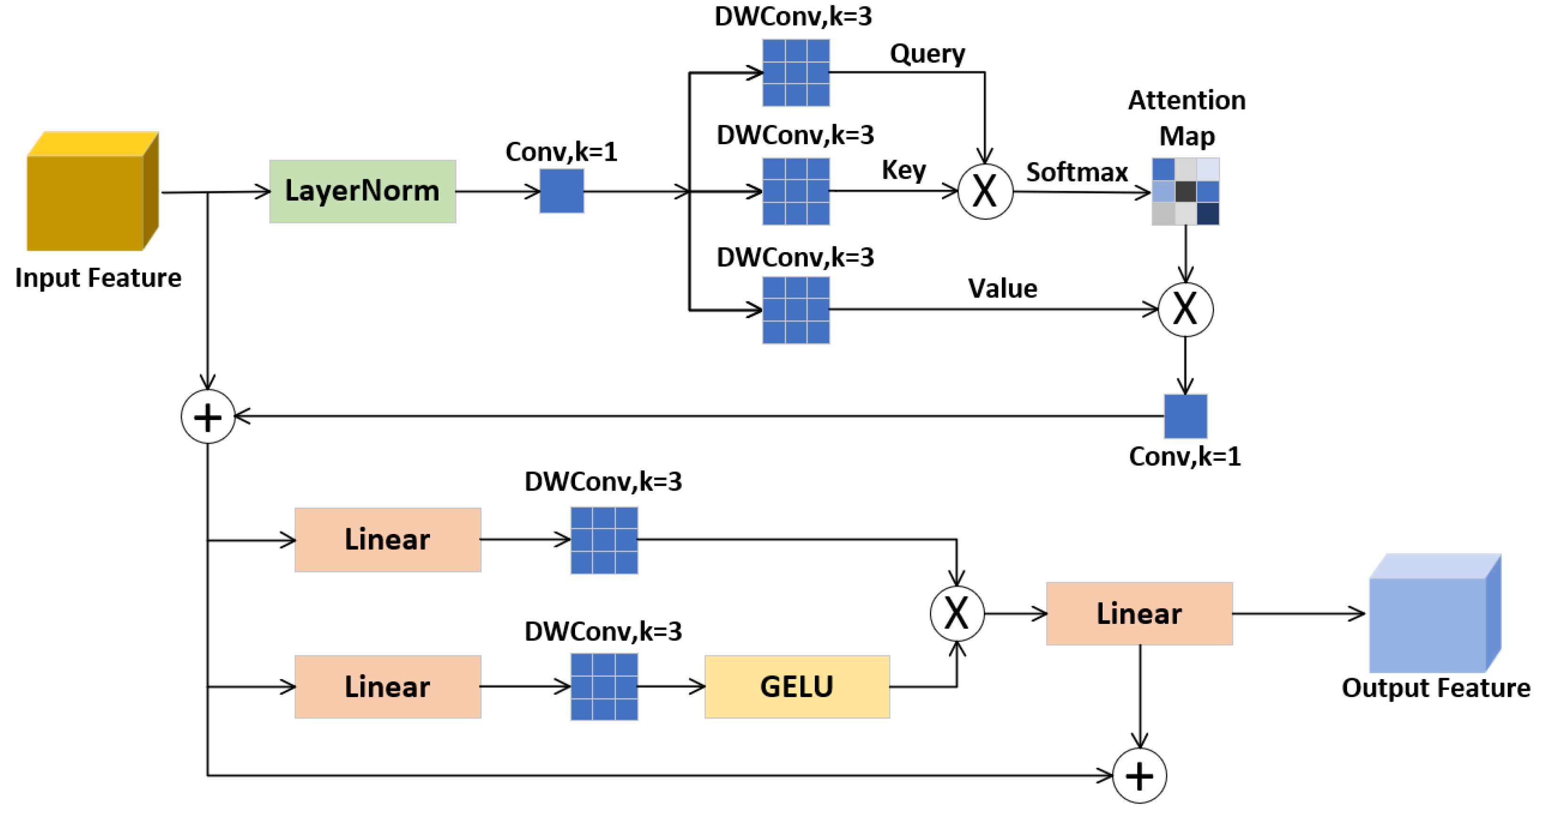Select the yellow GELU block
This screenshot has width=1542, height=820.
(797, 687)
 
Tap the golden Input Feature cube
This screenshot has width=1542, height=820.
(90, 192)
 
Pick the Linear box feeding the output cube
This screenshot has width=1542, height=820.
(1138, 614)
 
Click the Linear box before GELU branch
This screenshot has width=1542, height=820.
(387, 687)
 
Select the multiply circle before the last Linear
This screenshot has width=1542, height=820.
(957, 614)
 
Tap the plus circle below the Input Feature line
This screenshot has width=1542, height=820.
(208, 416)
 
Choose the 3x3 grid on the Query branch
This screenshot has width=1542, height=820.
(795, 73)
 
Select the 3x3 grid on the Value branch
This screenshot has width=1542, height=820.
(795, 310)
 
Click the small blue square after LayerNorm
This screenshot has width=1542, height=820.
(561, 191)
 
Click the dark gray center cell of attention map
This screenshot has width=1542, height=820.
(1185, 192)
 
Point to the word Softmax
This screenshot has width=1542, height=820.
(1076, 172)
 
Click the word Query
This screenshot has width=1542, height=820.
(926, 54)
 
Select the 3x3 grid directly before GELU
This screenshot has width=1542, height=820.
(603, 687)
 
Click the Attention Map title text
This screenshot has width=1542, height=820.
(1186, 117)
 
